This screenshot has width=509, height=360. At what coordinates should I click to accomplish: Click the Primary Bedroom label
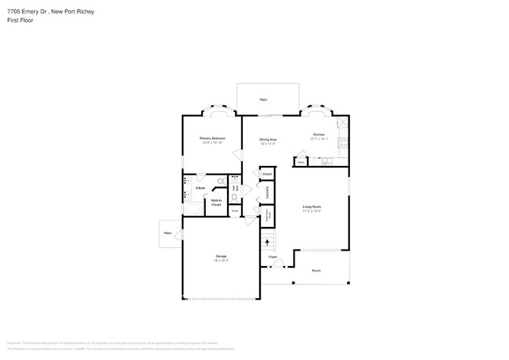click(214, 137)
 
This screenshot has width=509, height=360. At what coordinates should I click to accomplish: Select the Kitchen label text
click(319, 135)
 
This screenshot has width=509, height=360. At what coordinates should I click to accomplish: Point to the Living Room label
click(312, 207)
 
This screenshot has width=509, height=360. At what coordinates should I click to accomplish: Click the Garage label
click(222, 256)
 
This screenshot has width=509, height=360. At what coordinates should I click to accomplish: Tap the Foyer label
click(273, 257)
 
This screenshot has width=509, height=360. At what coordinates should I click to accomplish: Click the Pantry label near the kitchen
click(301, 163)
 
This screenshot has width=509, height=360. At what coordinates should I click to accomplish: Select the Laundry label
click(269, 192)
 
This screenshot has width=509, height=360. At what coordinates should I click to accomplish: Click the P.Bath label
click(200, 188)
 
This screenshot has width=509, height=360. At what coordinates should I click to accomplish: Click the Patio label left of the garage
click(168, 233)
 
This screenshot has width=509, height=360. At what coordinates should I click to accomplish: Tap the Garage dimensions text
click(222, 261)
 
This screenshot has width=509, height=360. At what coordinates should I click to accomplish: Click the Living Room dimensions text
click(312, 211)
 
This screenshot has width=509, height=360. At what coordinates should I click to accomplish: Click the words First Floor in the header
click(20, 20)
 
